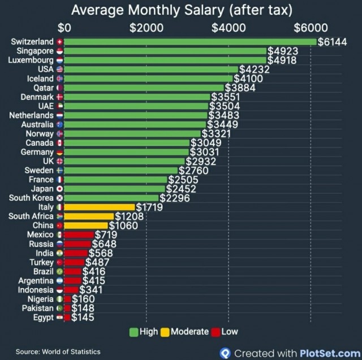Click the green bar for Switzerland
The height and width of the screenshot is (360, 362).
point(190,42)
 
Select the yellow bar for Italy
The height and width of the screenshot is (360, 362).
point(100,207)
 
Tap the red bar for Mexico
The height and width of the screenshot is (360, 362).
point(79,235)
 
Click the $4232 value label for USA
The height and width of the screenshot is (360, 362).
point(253,70)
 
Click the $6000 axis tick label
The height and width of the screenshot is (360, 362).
point(311,27)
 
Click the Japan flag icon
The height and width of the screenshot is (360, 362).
point(60,189)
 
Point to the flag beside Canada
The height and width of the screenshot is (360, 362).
point(60,143)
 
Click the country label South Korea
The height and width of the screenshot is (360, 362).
point(31,198)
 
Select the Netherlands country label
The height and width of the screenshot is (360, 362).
point(31,115)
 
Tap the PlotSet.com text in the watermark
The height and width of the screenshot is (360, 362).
point(324,353)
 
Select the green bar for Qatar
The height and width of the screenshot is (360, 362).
point(144,88)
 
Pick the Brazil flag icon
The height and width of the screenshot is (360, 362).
point(60,272)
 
